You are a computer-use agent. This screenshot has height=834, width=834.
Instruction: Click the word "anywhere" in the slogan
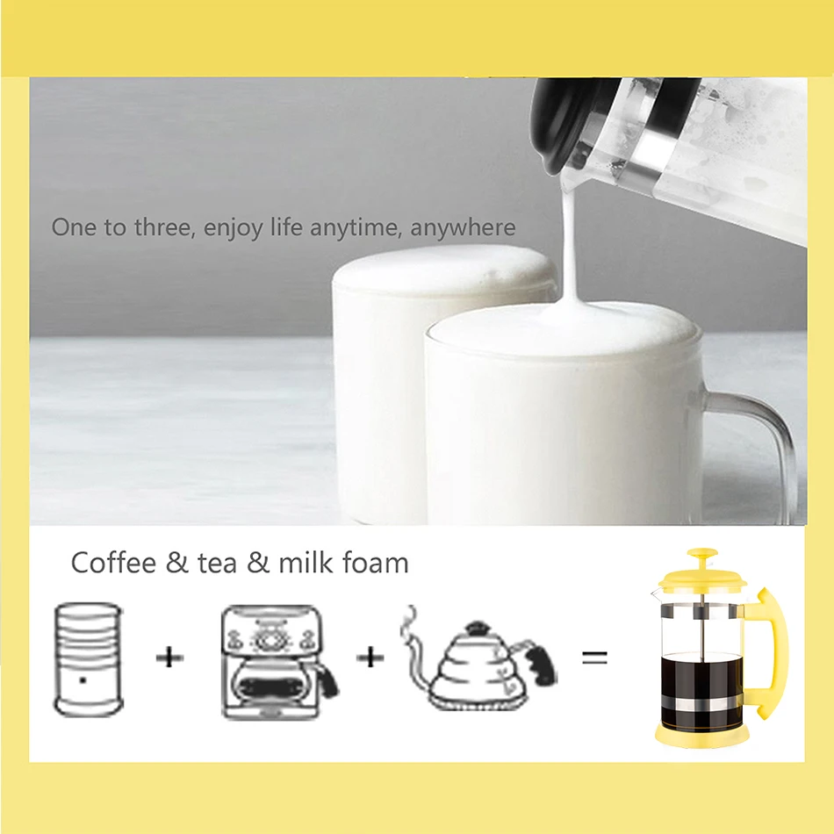click(x=463, y=228)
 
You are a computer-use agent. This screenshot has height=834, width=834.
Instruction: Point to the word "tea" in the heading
click(x=217, y=564)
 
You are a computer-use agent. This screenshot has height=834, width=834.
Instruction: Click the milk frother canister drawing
click(x=88, y=658)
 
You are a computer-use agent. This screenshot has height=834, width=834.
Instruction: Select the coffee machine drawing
click(x=277, y=660)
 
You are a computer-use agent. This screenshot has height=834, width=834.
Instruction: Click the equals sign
click(x=594, y=657)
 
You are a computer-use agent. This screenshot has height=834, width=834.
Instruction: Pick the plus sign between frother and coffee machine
click(x=169, y=657)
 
